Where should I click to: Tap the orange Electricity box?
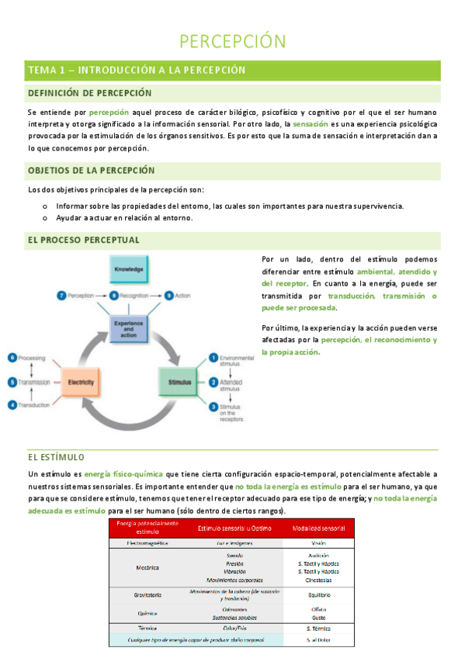point(80,383)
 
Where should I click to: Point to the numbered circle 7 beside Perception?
point(61,296)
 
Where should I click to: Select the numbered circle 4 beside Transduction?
point(12,405)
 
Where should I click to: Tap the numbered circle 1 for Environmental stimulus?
point(213,358)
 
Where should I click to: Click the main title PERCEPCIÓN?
point(233,41)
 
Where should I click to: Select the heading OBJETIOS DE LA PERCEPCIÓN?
point(91,170)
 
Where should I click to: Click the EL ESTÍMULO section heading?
point(56,457)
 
